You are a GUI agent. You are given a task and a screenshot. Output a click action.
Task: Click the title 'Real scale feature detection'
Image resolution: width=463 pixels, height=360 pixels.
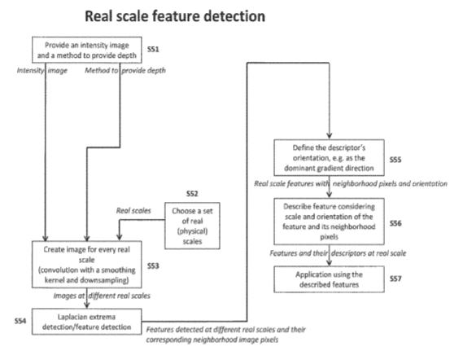(175, 16)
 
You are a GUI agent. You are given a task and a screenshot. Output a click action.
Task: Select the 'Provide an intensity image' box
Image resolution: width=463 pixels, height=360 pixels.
(87, 50)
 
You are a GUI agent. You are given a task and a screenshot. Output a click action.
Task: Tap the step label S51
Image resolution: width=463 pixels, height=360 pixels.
(153, 49)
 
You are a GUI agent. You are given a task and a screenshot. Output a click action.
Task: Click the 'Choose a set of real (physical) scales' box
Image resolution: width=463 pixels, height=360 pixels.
(192, 226)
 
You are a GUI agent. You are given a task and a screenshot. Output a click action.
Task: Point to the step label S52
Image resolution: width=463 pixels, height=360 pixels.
(192, 194)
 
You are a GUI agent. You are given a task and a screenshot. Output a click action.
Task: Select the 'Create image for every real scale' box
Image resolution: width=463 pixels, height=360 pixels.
(87, 264)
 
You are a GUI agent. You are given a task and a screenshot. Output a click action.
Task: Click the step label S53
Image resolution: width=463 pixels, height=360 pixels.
(153, 266)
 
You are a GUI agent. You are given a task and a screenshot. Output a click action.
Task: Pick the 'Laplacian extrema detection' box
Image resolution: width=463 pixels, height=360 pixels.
(87, 322)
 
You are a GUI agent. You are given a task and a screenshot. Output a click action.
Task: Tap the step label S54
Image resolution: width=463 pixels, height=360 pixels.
(20, 321)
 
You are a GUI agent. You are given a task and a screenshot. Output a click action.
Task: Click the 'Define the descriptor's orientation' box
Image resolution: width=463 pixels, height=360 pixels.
(330, 157)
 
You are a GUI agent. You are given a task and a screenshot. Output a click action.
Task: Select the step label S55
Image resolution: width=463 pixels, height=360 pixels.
(395, 160)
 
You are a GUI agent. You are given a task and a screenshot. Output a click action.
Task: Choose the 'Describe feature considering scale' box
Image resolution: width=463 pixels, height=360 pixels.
(330, 222)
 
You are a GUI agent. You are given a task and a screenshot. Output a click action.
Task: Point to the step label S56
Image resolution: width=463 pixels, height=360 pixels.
(395, 223)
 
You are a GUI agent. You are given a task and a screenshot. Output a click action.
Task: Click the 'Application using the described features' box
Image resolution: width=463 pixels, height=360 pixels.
(330, 279)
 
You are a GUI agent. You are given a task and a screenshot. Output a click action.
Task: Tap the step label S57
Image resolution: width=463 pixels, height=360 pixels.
(395, 279)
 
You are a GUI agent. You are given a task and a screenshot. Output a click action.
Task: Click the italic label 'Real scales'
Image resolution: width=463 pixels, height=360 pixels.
(133, 210)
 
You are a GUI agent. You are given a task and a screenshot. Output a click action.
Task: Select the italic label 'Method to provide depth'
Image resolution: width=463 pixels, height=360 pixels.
(125, 70)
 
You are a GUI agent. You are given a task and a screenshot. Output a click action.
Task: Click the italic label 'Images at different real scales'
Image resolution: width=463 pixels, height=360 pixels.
(102, 296)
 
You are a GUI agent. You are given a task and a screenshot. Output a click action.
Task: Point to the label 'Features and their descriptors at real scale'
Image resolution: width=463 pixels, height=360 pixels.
(339, 253)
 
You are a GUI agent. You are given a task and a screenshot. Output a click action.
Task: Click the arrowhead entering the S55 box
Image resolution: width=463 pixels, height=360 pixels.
(330, 136)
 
